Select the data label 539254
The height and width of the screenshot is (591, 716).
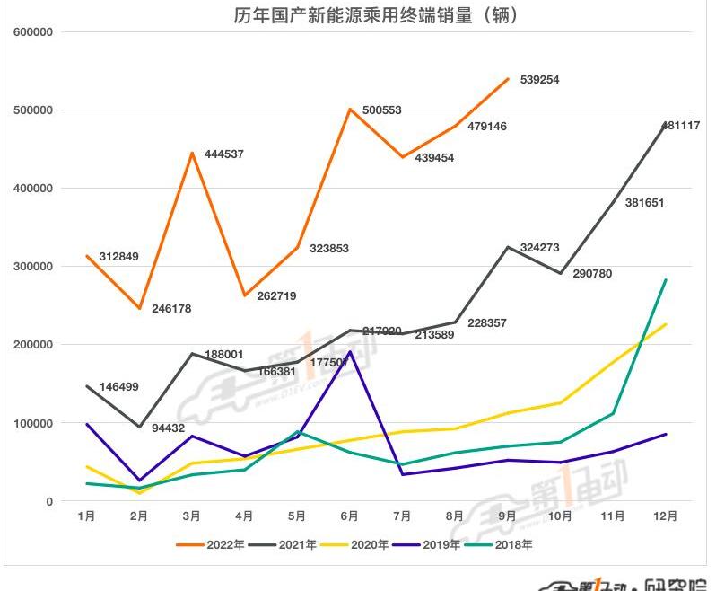pyautogui.click(x=537, y=80)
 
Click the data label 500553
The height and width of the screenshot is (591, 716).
pyautogui.click(x=381, y=110)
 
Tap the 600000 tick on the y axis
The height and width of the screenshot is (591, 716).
pyautogui.click(x=33, y=32)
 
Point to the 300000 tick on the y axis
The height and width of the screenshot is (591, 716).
pyautogui.click(x=33, y=267)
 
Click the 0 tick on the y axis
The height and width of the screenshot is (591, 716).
pyautogui.click(x=49, y=501)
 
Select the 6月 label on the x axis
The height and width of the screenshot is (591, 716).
pyautogui.click(x=350, y=516)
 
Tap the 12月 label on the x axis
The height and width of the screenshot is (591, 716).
pyautogui.click(x=665, y=516)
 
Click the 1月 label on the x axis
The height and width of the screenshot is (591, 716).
pyautogui.click(x=87, y=516)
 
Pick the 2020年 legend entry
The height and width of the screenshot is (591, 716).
pyautogui.click(x=358, y=544)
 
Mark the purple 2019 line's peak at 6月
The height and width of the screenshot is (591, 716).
pyautogui.click(x=350, y=352)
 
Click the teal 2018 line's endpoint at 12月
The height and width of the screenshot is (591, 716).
pyautogui.click(x=665, y=279)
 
